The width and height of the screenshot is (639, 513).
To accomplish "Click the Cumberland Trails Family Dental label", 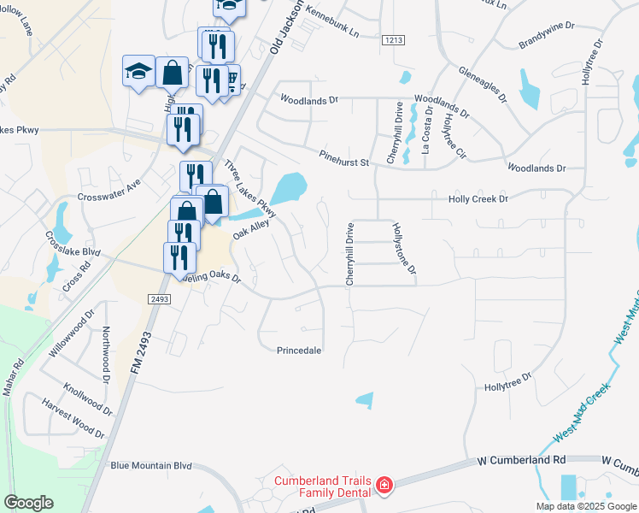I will click(x=322, y=486).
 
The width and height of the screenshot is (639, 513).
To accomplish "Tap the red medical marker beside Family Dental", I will click(x=384, y=486).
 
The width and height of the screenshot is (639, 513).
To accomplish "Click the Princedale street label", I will click(x=299, y=351).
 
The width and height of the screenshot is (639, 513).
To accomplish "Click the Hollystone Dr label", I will click(x=403, y=248).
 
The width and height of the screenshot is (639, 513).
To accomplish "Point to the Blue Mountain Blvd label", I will click(x=151, y=466).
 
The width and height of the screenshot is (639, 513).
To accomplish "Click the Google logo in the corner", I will click(x=29, y=503).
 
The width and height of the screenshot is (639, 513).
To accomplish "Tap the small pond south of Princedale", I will click(x=365, y=399).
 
